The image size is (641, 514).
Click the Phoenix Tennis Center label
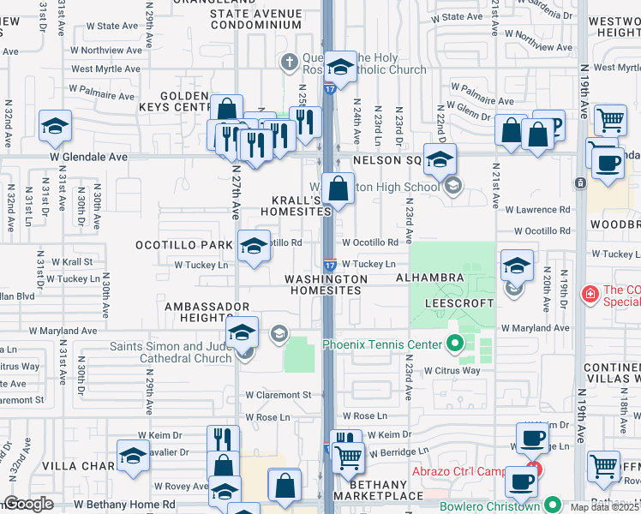(x=381, y=345)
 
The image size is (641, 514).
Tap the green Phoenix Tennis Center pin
(x=456, y=345)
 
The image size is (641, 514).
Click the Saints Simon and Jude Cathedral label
(x=171, y=352)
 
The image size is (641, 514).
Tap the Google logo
(x=28, y=504)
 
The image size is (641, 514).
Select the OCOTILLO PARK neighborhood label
(x=183, y=245)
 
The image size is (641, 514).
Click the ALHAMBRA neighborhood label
(x=429, y=278)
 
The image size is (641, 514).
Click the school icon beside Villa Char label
(x=133, y=457)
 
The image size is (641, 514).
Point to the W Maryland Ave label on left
(x=63, y=330)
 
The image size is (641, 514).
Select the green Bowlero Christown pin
(x=554, y=505)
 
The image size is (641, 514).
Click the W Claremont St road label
(x=278, y=395)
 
